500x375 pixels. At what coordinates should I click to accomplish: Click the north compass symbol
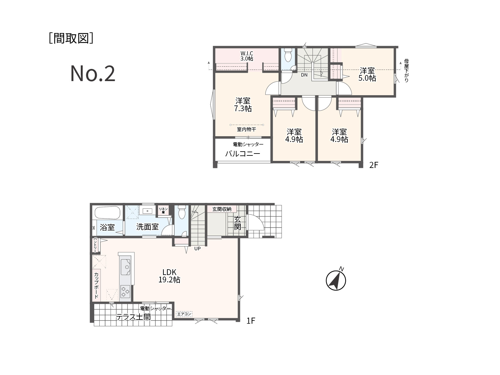click(336, 279)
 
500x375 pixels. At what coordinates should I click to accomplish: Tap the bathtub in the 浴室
click(107, 213)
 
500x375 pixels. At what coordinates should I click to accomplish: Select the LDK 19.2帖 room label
click(169, 276)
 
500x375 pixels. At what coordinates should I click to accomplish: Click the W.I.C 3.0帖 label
click(247, 56)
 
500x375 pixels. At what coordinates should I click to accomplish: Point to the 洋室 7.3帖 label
click(243, 104)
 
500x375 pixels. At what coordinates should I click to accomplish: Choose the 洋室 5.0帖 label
click(367, 74)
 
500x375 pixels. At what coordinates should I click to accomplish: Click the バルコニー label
click(243, 154)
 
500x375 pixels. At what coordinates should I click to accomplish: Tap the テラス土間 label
click(133, 317)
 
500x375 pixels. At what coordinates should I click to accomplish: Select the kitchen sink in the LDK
click(126, 267)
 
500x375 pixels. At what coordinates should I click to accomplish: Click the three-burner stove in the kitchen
click(125, 291)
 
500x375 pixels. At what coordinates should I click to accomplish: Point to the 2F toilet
click(288, 54)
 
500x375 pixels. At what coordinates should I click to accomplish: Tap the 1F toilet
click(182, 212)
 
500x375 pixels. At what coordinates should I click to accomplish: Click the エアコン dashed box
click(184, 314)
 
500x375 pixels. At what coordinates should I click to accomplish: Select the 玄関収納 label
click(222, 209)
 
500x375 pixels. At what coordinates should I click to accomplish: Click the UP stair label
click(197, 249)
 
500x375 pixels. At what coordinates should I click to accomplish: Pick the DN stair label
click(304, 75)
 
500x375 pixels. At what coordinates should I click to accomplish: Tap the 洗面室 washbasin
click(147, 211)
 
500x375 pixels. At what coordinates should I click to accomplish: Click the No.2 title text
click(93, 73)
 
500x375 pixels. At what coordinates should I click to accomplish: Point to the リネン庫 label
click(163, 211)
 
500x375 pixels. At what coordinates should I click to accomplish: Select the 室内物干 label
click(246, 129)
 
